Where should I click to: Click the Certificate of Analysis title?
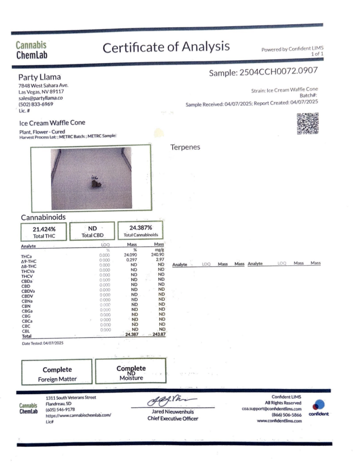point(166,48)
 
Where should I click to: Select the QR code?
point(307,124)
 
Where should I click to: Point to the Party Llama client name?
point(40,77)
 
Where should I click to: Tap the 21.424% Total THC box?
point(43,231)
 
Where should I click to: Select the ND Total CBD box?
point(92,231)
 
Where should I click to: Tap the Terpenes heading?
point(185,147)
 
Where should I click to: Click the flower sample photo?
point(92,179)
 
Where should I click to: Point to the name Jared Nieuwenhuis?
point(173,412)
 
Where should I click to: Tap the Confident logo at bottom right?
point(318,408)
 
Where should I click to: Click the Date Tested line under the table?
point(43,344)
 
